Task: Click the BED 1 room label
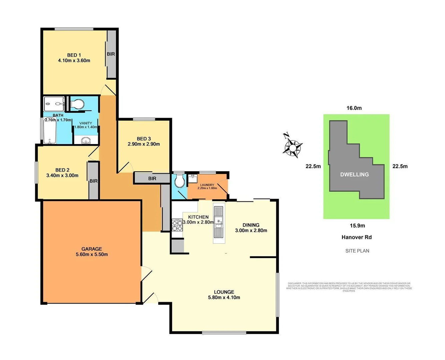point(74,55)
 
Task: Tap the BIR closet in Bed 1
point(111,54)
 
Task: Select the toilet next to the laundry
point(179,182)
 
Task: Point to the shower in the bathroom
point(54,104)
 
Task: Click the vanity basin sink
point(86,141)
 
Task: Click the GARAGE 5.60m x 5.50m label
point(91,252)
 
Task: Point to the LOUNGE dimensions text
point(224,297)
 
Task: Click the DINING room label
point(251,225)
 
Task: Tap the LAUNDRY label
point(207,185)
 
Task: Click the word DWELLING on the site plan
point(354,174)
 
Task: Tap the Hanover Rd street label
point(356,237)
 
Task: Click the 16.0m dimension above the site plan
point(354,108)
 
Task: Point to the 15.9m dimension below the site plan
point(357,226)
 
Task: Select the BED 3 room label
point(144,139)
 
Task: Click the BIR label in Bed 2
point(93,181)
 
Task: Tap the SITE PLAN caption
point(357,251)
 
